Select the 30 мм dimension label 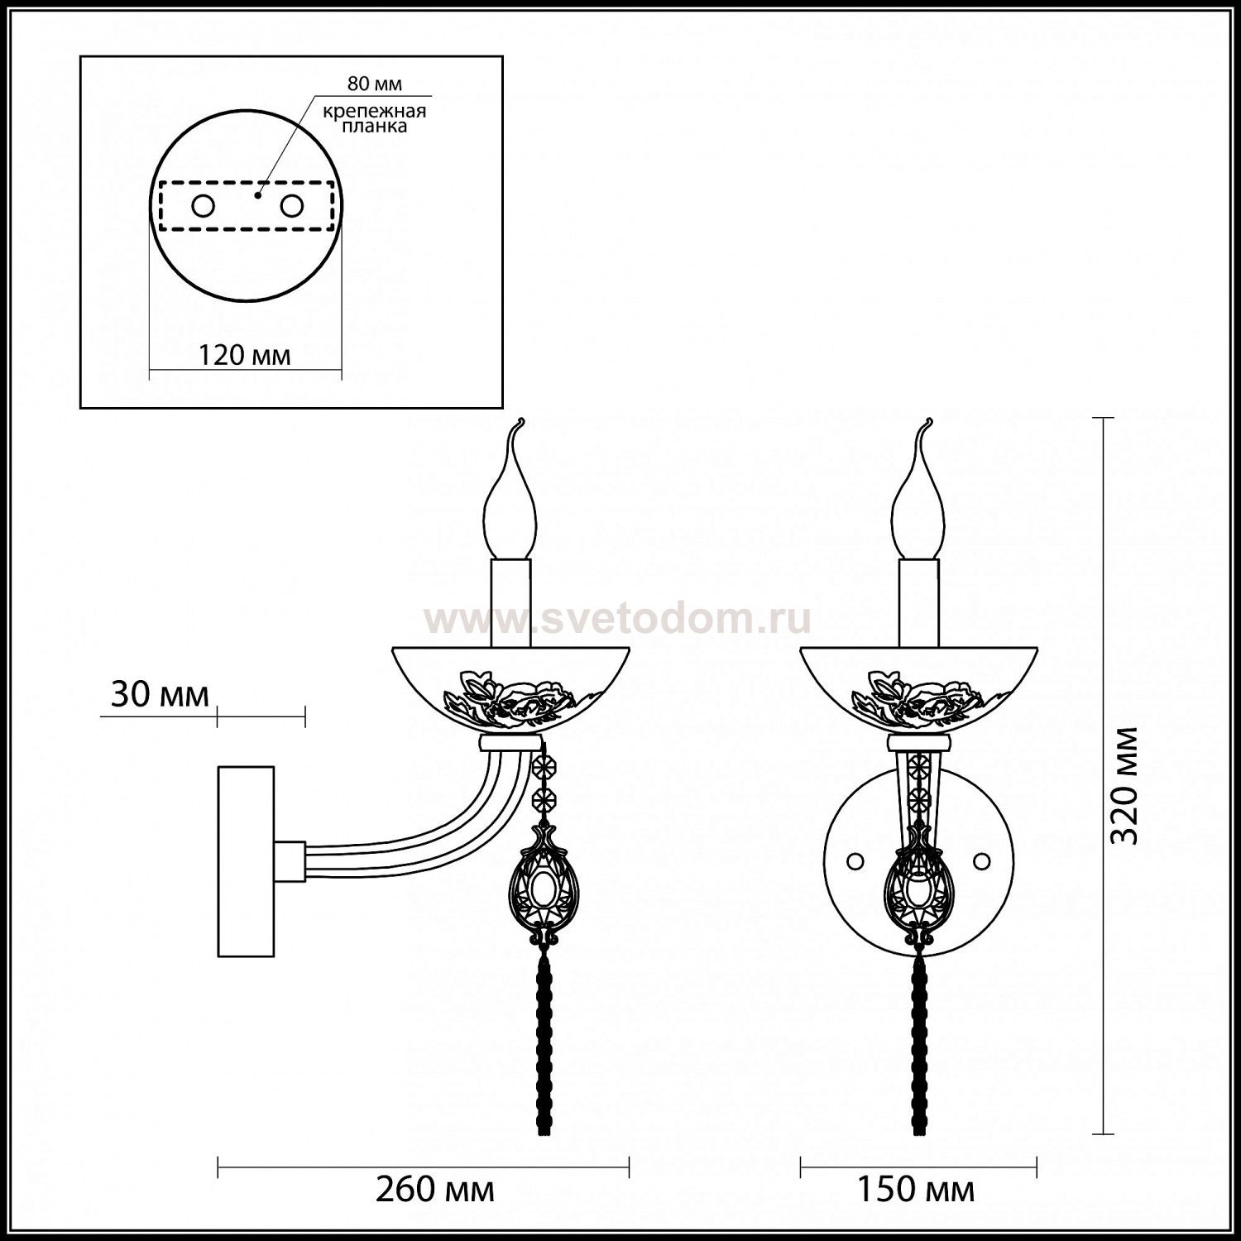point(160,694)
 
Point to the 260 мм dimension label point(435,1190)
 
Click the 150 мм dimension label point(915,1190)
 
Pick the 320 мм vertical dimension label point(1124,785)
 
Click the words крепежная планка point(374,119)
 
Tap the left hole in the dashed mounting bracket point(203,205)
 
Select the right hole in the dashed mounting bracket point(291,205)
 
